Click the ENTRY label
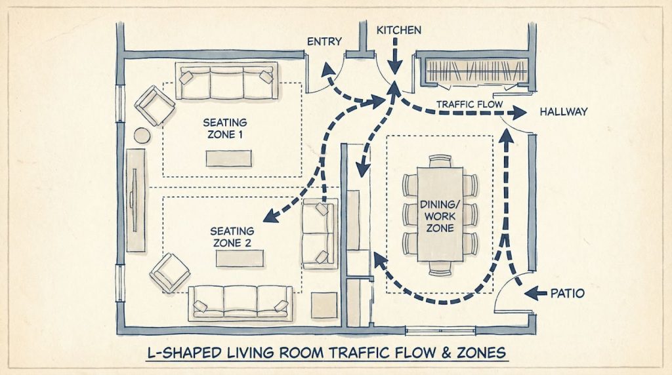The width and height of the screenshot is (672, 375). coord(324,41)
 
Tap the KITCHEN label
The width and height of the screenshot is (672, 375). coord(398,30)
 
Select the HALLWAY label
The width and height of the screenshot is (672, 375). coord(564,111)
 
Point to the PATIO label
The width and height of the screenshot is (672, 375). coord(568,293)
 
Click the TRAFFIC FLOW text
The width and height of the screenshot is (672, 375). coord(469,104)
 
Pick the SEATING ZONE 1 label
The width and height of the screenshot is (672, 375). coord(225,128)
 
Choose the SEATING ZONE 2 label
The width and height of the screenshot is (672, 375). coord(232,237)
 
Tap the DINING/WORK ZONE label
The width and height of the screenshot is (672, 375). coord(440,216)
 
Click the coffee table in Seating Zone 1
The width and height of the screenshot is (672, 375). coord(228,158)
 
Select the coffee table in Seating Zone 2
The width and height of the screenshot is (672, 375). coord(240,258)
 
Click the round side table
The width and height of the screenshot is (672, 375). coord(142,136)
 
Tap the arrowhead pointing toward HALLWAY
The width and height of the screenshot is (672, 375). coord(520,113)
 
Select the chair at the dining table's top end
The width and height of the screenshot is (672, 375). coord(440,161)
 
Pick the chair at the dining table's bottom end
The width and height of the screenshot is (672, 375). coord(440,268)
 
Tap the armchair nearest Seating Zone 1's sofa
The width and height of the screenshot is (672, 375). coord(155,106)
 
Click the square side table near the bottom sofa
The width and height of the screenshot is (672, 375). coord(324,306)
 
